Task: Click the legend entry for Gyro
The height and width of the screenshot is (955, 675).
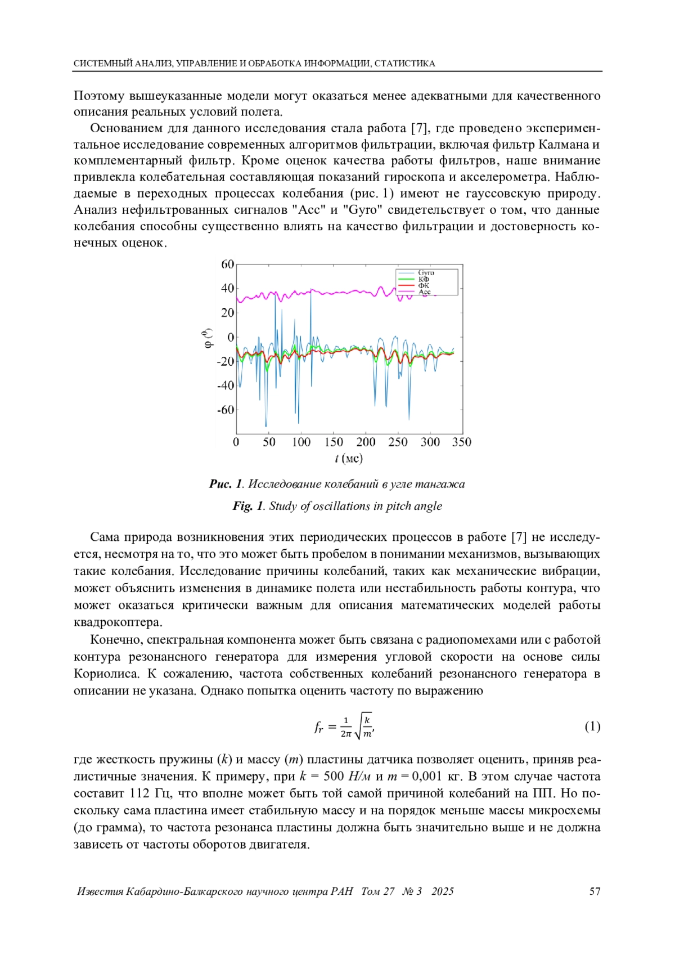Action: (426, 273)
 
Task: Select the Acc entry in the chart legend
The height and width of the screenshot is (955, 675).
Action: (425, 292)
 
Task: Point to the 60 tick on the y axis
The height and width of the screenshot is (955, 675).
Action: (227, 264)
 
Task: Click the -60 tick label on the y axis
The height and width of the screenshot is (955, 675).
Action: (226, 410)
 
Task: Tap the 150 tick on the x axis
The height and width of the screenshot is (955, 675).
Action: (334, 442)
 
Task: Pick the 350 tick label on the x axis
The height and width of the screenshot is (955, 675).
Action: (462, 442)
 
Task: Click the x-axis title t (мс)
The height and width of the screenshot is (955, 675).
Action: (349, 459)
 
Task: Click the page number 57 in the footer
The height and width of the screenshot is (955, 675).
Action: (595, 891)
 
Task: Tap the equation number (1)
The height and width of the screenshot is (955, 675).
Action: (592, 727)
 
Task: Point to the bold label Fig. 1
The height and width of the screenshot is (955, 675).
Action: (247, 506)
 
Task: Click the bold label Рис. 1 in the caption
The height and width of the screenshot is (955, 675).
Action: (226, 484)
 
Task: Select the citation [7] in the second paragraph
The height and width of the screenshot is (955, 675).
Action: (420, 128)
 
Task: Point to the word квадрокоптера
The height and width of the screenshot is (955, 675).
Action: (118, 622)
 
